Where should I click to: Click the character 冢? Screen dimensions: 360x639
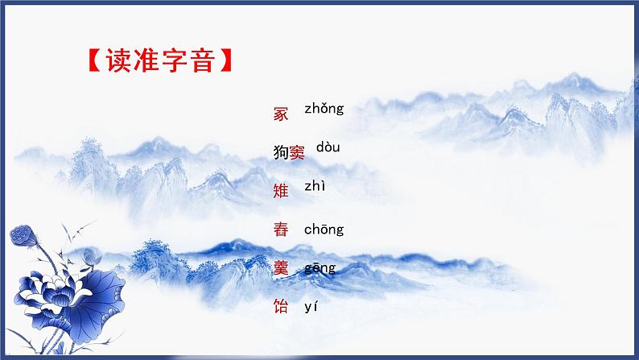coord(281,114)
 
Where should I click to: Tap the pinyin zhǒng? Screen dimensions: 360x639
coord(324,109)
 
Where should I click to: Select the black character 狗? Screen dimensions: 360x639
coord(281,153)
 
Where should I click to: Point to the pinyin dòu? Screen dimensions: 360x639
coord(328,147)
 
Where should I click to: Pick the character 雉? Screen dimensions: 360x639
coord(281,191)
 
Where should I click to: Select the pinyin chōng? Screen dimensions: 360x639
coord(324,230)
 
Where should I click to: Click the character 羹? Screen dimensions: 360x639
coord(281,268)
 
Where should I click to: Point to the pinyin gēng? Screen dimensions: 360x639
coord(319,268)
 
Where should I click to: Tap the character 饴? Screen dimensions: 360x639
coord(281,307)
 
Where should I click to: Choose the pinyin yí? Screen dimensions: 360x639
coord(312,306)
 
